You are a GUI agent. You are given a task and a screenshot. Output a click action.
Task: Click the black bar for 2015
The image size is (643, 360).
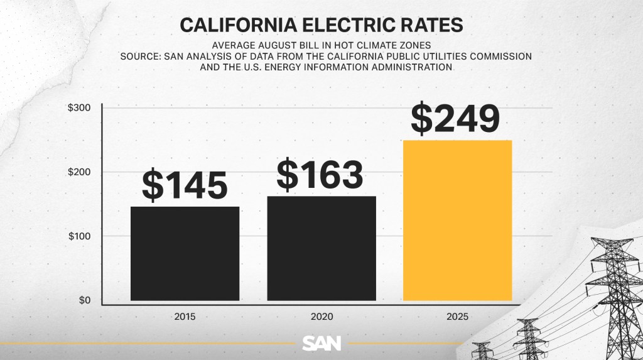click(x=185, y=253)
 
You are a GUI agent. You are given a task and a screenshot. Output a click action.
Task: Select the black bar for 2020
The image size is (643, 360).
click(x=321, y=248)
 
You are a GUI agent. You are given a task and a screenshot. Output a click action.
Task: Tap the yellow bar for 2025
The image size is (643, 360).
click(x=457, y=220)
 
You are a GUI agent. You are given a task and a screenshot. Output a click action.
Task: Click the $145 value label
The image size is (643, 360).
click(x=185, y=183)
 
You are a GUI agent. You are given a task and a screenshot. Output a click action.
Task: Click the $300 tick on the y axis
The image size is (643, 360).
click(x=80, y=108)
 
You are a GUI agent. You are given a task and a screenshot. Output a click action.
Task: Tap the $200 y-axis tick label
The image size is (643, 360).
click(x=80, y=172)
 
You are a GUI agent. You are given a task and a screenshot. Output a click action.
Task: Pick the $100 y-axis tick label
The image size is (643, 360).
click(x=80, y=236)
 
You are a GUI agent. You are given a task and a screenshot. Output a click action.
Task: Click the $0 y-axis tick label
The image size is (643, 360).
click(x=84, y=300)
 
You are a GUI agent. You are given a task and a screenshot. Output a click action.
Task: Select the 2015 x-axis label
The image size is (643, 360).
click(x=185, y=316)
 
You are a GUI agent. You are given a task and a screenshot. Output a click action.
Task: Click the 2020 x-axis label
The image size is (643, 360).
click(x=321, y=316)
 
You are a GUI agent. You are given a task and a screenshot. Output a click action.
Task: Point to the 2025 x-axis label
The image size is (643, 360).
click(x=458, y=316)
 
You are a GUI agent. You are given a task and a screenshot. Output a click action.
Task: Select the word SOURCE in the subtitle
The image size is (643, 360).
click(x=141, y=56)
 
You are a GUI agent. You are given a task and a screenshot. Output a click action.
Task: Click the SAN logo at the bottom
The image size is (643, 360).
click(x=321, y=343)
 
